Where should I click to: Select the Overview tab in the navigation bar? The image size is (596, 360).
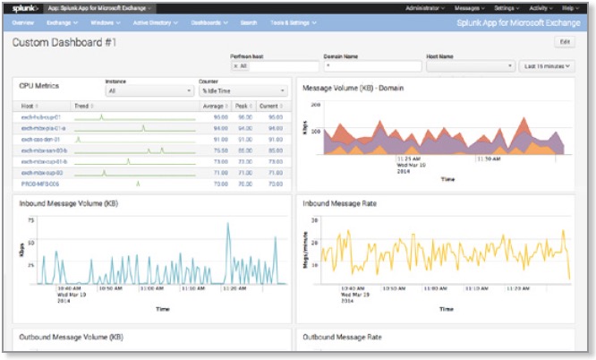point(23,21)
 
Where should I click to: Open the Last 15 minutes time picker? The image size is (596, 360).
point(547,65)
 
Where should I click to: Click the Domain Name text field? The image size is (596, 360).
point(371,65)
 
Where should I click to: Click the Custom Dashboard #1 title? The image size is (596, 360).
point(64,42)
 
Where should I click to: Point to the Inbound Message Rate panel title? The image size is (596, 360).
point(341,203)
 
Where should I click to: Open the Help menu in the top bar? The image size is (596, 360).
point(568,7)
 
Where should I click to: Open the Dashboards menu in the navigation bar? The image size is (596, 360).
point(209,21)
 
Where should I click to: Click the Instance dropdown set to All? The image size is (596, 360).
point(149,90)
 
